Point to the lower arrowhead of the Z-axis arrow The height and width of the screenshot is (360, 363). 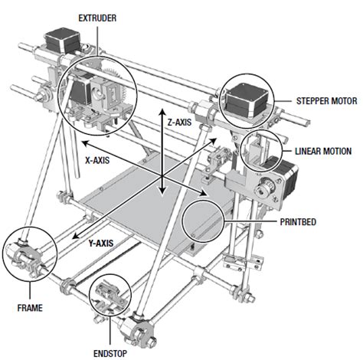162,198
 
